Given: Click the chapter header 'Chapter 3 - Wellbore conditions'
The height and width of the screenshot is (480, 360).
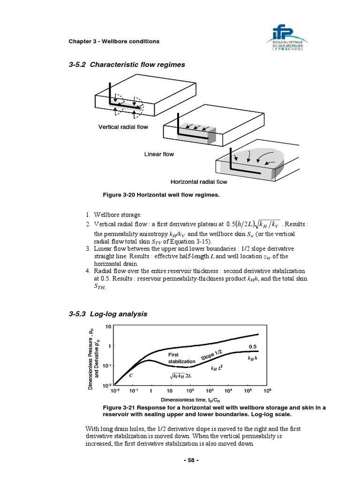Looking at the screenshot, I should [114, 41].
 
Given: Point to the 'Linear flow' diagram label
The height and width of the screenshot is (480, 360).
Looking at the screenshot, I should [158, 154].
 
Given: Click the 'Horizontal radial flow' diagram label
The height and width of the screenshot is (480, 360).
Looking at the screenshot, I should [199, 182].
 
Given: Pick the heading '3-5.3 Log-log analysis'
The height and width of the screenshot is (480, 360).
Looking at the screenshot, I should [108, 314].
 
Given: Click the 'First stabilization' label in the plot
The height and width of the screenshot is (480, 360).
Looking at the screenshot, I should [181, 359].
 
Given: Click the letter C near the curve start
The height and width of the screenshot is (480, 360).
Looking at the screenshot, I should [131, 375].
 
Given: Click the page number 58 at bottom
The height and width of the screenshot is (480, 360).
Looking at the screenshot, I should [190, 460].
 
